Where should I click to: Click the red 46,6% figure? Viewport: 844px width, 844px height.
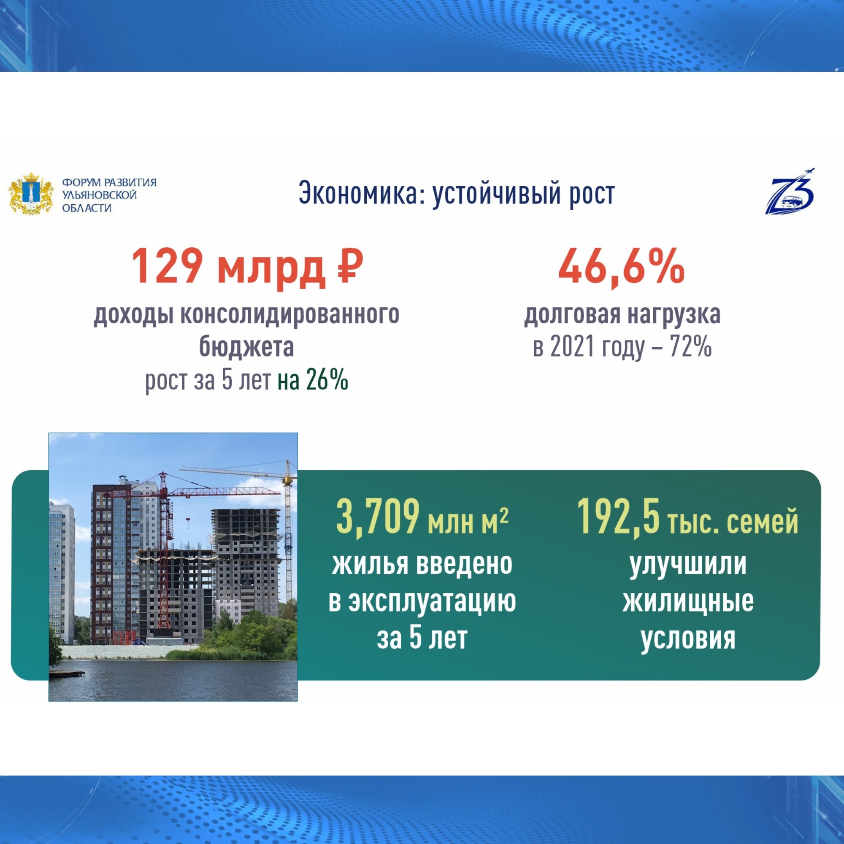pos(621,268)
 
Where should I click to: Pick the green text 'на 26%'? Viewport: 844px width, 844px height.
pos(313,380)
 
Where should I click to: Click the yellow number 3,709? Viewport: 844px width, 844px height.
pos(377,519)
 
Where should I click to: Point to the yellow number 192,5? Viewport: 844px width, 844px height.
pos(618,519)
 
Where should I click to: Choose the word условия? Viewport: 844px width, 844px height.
pos(688,638)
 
